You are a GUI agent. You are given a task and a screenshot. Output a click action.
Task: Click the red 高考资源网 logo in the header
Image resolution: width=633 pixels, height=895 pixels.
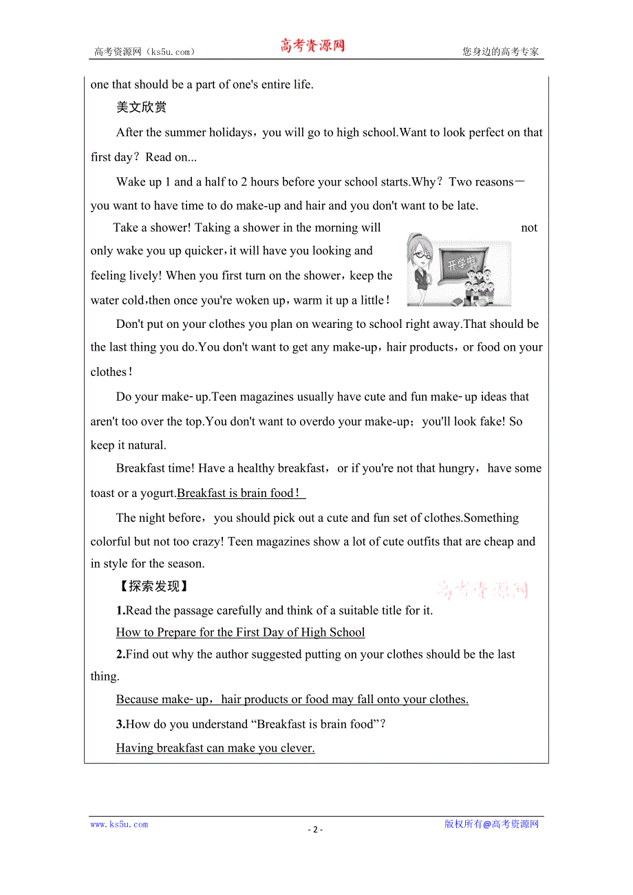click(312, 46)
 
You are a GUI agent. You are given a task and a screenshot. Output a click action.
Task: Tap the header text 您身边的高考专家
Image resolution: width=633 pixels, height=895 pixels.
click(501, 52)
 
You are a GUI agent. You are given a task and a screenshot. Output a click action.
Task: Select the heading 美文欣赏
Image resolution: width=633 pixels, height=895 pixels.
click(141, 107)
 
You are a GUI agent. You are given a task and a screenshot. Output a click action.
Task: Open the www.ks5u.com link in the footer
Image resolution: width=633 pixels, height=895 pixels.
click(119, 824)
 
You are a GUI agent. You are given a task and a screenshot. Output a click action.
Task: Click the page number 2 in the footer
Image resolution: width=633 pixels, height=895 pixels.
click(315, 829)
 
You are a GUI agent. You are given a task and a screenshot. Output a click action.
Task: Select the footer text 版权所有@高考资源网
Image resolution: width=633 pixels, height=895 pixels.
click(491, 824)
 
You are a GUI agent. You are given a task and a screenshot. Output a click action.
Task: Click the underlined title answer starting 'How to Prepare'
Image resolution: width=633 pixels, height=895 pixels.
click(240, 632)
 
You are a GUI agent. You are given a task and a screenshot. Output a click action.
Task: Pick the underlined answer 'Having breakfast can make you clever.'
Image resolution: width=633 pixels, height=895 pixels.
click(215, 748)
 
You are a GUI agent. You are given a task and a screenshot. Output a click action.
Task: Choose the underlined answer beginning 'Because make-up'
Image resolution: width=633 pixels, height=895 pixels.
click(292, 699)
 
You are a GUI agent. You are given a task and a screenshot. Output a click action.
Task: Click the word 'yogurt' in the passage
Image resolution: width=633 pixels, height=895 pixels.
click(157, 493)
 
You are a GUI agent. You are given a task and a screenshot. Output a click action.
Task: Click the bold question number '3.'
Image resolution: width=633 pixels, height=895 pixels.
click(120, 724)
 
